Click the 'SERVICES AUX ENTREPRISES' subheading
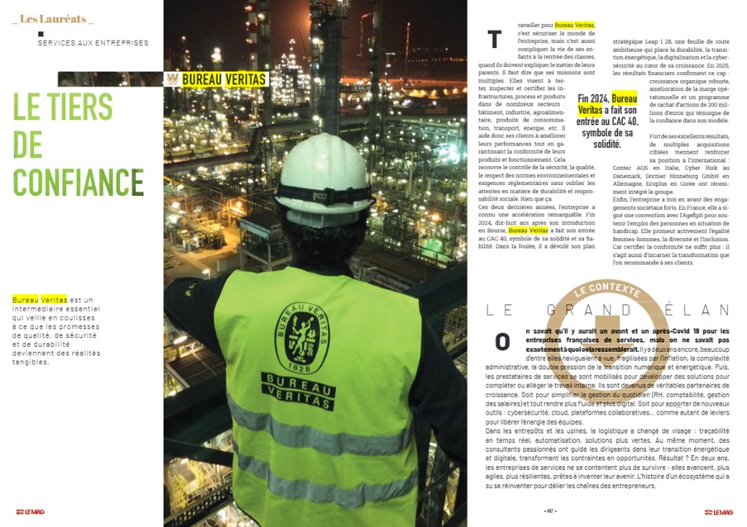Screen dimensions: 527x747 pyautogui.click(x=93, y=43)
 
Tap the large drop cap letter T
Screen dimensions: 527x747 pyautogui.click(x=495, y=39)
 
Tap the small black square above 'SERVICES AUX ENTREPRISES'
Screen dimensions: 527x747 pyautogui.click(x=41, y=33)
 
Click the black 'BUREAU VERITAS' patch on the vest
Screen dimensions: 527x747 pyautogui.click(x=298, y=392)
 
